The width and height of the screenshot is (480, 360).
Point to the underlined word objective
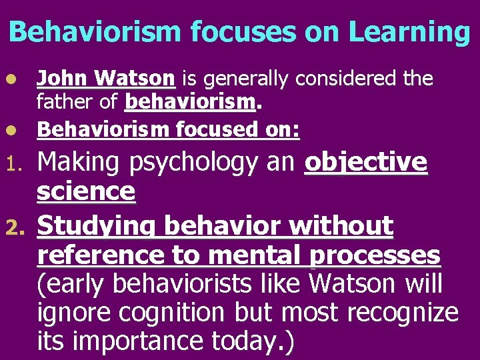coord(365,162)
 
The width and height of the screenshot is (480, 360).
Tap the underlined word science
coord(86,192)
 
